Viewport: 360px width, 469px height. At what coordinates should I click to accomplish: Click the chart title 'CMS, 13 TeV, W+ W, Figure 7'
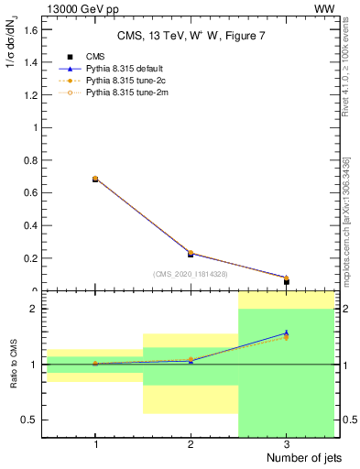tap(190, 36)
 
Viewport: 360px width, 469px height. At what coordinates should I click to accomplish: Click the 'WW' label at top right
tap(324, 8)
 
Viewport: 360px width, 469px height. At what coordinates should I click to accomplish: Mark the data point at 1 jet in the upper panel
tap(95, 180)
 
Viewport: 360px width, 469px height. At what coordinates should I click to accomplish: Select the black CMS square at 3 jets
tap(287, 281)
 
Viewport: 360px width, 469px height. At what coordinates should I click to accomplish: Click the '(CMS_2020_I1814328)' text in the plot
tap(191, 274)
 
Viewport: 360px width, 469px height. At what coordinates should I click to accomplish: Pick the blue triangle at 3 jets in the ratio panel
tap(287, 333)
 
